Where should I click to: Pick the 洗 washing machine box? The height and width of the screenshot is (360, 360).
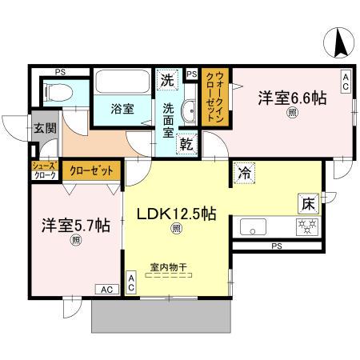pyautogui.click(x=167, y=79)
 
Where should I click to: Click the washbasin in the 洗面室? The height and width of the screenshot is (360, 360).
pyautogui.click(x=190, y=111)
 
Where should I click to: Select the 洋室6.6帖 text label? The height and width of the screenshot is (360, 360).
pyautogui.click(x=290, y=98)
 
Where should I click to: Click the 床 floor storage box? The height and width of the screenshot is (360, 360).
pyautogui.click(x=309, y=202)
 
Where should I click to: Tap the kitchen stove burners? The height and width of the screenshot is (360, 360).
pyautogui.click(x=307, y=225)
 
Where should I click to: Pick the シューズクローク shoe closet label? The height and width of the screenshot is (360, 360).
pyautogui.click(x=43, y=170)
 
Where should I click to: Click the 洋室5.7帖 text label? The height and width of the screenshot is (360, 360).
pyautogui.click(x=75, y=226)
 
